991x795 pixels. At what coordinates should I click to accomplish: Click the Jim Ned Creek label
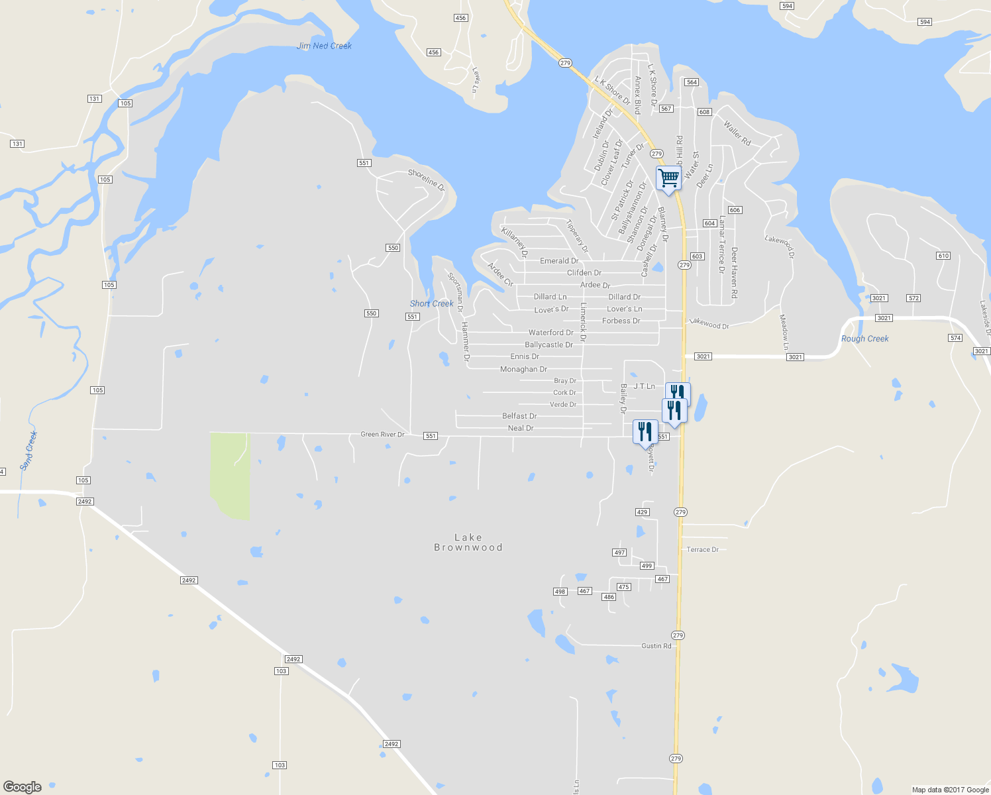pos(325,46)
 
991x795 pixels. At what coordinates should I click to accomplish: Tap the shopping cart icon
pos(668,178)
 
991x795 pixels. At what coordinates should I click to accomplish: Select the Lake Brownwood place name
pos(468,543)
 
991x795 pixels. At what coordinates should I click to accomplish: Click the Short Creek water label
pos(432,303)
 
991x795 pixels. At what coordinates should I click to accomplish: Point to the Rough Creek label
pos(864,339)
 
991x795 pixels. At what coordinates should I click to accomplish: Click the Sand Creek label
pos(28,450)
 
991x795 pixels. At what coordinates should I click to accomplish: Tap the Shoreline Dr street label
pos(427,178)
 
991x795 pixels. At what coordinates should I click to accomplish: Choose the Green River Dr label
pos(382,435)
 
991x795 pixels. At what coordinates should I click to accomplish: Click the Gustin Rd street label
pos(656,646)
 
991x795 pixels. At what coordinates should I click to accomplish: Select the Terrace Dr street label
pos(702,549)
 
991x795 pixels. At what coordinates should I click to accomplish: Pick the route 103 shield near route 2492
pos(282,671)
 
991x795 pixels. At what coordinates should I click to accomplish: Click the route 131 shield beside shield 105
pos(94,99)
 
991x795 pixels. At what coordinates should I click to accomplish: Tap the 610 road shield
pos(943,256)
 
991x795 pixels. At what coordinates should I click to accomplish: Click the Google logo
pos(23,786)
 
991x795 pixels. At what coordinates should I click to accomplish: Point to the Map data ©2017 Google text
pos(950,790)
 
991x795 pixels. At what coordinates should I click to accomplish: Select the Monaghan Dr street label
pos(523,369)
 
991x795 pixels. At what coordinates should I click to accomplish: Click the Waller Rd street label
pos(737,132)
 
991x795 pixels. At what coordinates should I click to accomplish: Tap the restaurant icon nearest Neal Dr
pos(645,432)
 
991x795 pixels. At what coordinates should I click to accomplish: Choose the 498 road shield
pos(560,592)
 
